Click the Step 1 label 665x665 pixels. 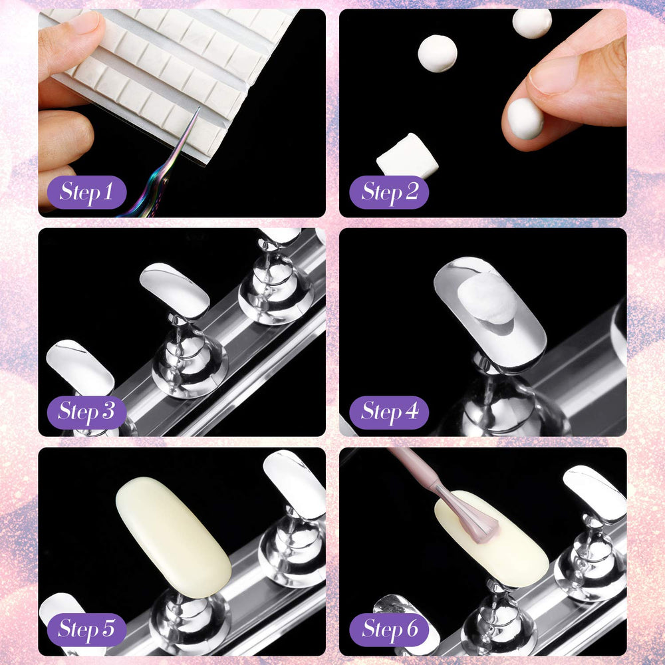pyautogui.click(x=86, y=192)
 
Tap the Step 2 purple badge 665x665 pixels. pyautogui.click(x=389, y=192)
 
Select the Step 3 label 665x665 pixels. pyautogui.click(x=86, y=412)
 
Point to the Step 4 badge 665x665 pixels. pyautogui.click(x=389, y=412)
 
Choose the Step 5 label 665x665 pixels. pyautogui.click(x=86, y=630)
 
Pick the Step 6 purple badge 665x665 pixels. pyautogui.click(x=389, y=630)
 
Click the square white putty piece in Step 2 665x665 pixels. pyautogui.click(x=407, y=156)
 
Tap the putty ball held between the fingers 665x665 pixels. pyautogui.click(x=525, y=119)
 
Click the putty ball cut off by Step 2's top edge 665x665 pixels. pyautogui.click(x=532, y=22)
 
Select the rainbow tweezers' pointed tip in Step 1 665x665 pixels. pyautogui.click(x=199, y=108)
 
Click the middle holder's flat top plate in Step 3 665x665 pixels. pyautogui.click(x=174, y=290)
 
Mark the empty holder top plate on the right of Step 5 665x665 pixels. pyautogui.click(x=295, y=484)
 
